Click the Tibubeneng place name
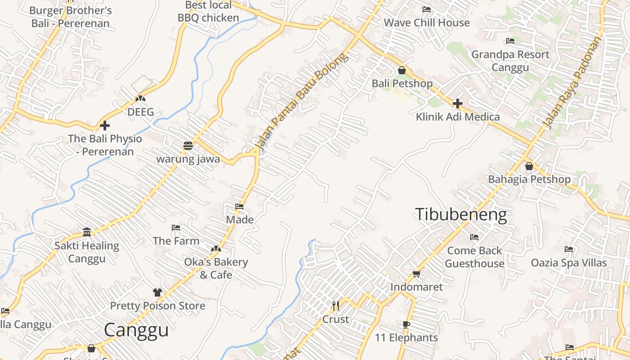pos(461,215)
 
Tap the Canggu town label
pos(136,330)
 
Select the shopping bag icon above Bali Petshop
pos(402,71)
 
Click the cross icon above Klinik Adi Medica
pos(458,103)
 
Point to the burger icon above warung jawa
pos(188,146)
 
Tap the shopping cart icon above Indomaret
pos(417,274)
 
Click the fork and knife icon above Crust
pos(336,306)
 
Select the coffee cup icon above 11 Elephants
pos(406,324)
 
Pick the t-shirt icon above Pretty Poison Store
pos(157,292)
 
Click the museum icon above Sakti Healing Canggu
pos(87,232)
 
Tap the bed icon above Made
pos(239,207)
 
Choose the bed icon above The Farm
pos(176,228)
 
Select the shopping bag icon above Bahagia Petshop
pos(529,166)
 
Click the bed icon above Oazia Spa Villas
pos(569,249)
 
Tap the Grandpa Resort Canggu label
pos(510,61)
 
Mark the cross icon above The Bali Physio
pos(105,126)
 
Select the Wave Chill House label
pos(426,22)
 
